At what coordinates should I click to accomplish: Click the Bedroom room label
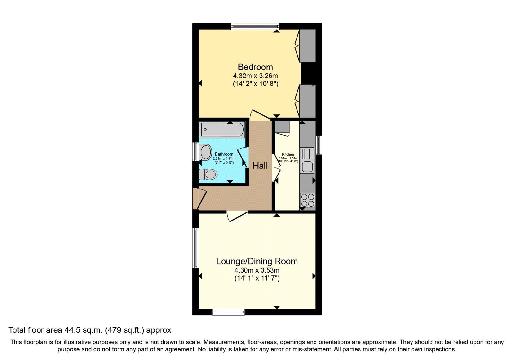tap(255, 67)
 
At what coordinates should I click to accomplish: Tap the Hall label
tap(260, 166)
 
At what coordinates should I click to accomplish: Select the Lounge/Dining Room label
tap(257, 261)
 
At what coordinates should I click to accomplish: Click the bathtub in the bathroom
tap(222, 130)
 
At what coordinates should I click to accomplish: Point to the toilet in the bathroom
tap(208, 175)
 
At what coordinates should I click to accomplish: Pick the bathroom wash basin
tap(206, 152)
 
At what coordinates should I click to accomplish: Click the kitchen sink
tap(307, 160)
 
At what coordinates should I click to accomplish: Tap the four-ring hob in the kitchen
tap(307, 200)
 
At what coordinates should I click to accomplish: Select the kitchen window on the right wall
tap(319, 145)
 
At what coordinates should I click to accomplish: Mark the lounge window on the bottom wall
tap(228, 312)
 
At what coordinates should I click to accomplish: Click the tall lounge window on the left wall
tap(195, 248)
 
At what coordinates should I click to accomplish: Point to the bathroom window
tap(195, 151)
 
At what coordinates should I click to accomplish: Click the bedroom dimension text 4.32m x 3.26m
tap(255, 76)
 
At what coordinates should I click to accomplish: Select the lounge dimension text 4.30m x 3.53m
tap(257, 270)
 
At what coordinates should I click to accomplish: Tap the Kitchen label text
tap(288, 154)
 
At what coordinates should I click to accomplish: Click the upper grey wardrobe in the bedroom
tap(307, 46)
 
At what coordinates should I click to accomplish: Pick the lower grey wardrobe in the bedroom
tap(307, 101)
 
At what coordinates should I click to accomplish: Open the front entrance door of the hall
tap(200, 199)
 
